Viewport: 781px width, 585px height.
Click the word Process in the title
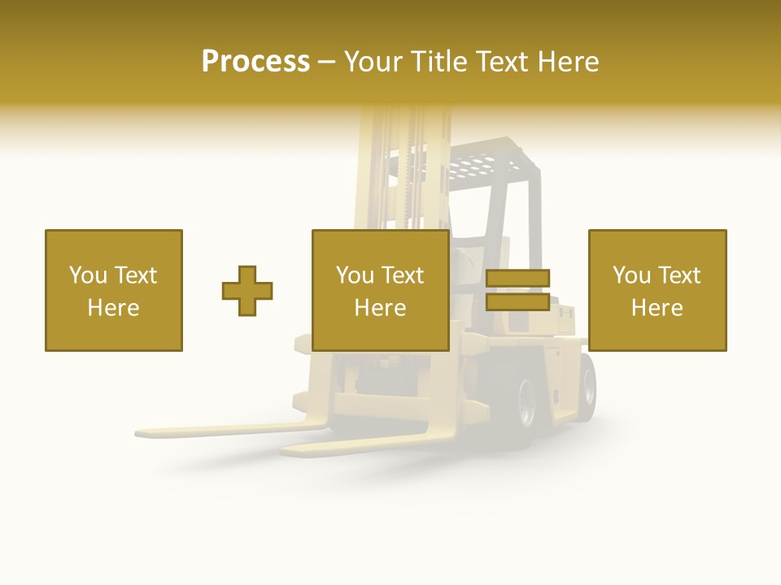255,62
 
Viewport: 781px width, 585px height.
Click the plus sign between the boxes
247,291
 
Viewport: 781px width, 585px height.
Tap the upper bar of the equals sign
517,279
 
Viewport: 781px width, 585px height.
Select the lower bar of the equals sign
517,302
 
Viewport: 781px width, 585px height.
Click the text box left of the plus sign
114,290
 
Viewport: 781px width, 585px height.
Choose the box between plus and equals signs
381,290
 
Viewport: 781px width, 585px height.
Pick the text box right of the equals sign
657,290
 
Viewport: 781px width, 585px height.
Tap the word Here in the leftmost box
114,308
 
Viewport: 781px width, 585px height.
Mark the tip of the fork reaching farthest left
140,432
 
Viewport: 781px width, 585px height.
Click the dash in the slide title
326,63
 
